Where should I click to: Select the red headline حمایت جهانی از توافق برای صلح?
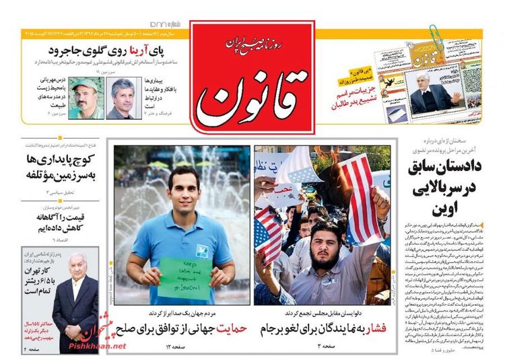point(180,328)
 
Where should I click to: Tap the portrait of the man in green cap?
point(87,98)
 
